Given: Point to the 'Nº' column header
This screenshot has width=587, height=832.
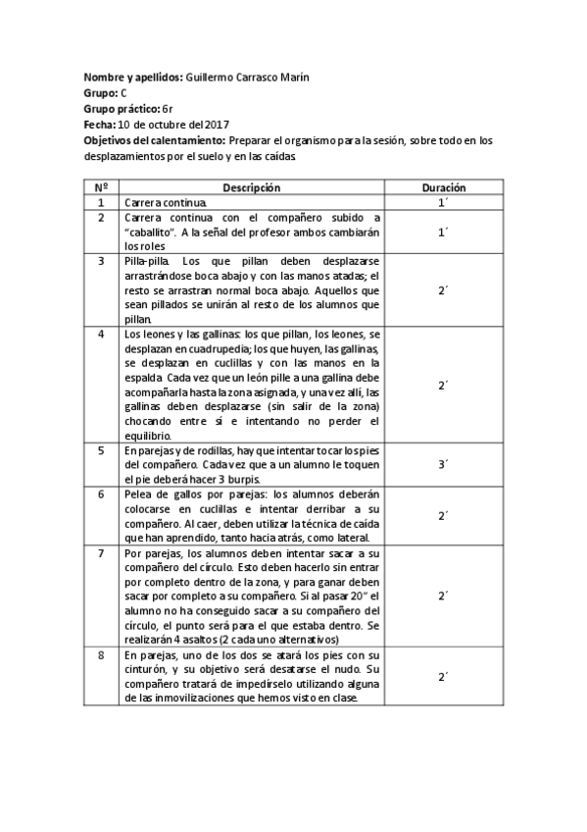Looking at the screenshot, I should coord(101,186).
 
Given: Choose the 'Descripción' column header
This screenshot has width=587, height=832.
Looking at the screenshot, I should coord(251,186).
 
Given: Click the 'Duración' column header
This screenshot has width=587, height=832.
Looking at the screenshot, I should coord(443,186).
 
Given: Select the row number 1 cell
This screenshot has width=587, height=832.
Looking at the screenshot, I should coord(101,202).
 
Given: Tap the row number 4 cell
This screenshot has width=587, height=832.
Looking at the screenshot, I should coord(101,335).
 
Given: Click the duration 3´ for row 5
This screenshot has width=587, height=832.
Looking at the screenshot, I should coord(443,465).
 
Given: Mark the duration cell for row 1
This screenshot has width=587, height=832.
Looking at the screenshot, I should coord(443,202).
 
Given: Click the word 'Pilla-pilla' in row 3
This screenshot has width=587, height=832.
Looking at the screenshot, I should coord(146,261).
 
